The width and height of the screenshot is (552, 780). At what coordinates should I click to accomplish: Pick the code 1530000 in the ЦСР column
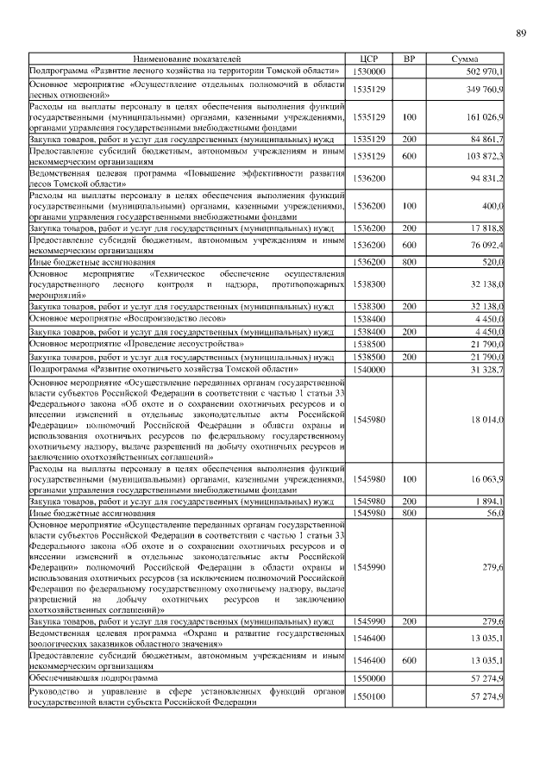point(368,70)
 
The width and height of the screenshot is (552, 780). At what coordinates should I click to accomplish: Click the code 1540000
point(368,369)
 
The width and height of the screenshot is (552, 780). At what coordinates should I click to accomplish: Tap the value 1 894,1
point(489,501)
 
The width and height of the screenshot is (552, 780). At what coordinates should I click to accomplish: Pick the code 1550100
point(368,696)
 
